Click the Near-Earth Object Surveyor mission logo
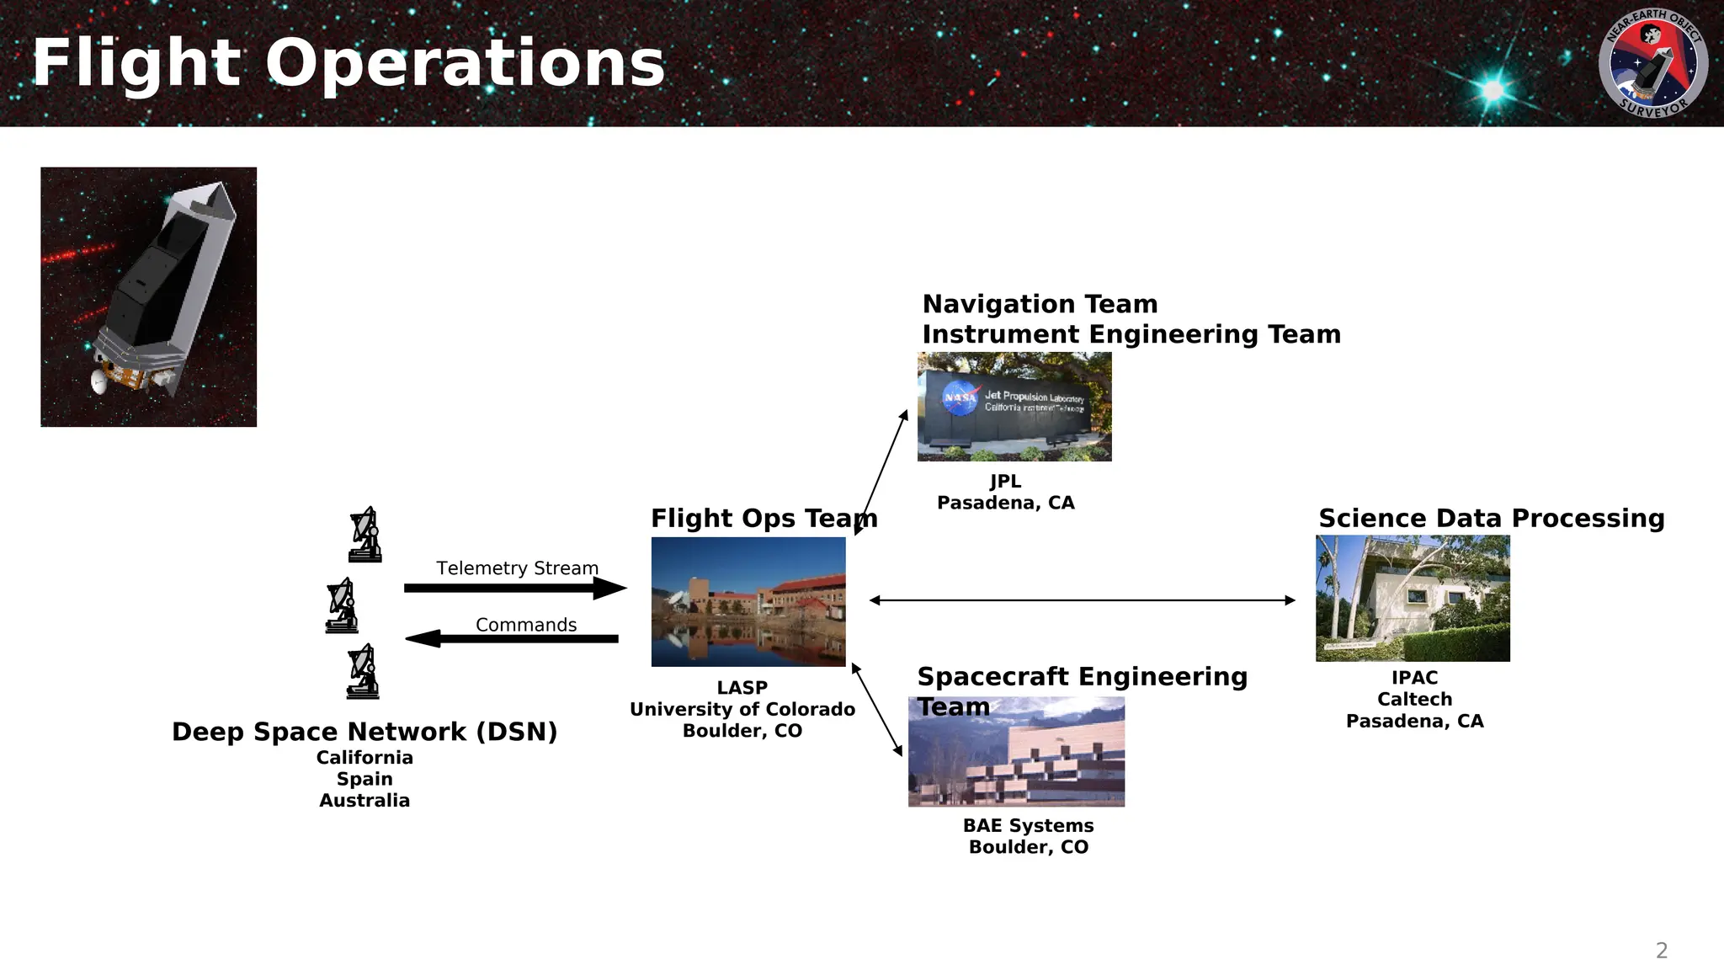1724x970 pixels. click(1652, 63)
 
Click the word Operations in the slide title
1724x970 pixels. click(466, 64)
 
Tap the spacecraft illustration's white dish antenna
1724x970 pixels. click(100, 381)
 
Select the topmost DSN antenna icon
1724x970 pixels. click(365, 535)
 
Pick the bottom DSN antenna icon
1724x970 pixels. click(364, 672)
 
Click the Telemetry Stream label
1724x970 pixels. click(517, 568)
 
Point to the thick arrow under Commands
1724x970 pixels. click(512, 639)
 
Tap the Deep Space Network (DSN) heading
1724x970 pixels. click(364, 732)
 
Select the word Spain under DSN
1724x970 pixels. click(364, 779)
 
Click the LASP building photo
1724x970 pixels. click(748, 601)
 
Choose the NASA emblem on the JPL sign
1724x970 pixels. click(960, 397)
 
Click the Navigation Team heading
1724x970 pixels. click(1040, 304)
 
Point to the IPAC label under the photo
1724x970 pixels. click(1414, 678)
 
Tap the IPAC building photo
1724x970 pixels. click(1413, 598)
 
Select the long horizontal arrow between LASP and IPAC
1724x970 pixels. click(1082, 600)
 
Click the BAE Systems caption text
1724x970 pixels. click(1028, 826)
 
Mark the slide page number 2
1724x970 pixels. click(1661, 951)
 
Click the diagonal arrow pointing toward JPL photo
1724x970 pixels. click(881, 472)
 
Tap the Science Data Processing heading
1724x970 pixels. click(1491, 519)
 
